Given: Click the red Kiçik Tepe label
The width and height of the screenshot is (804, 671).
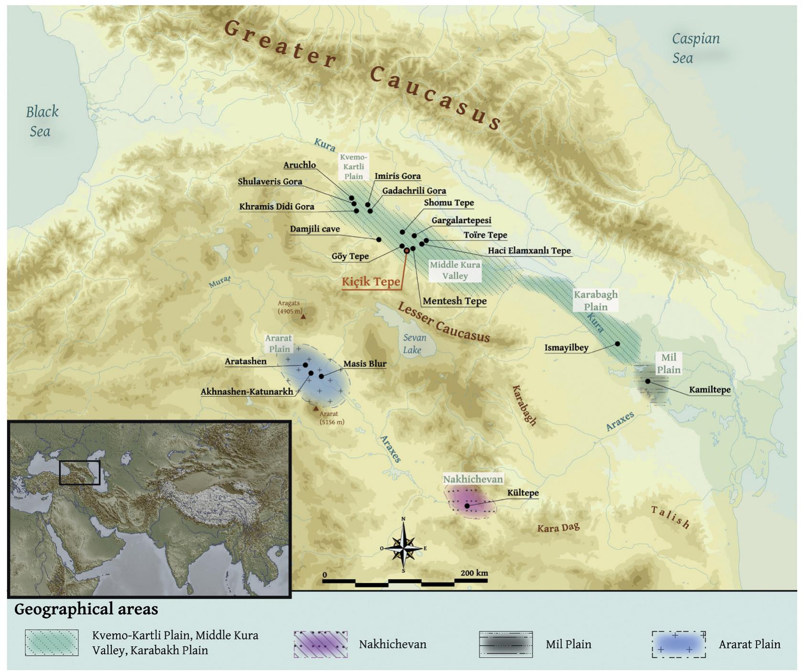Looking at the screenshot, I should pos(371,282).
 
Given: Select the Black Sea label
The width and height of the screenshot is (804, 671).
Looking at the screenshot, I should pos(42,121).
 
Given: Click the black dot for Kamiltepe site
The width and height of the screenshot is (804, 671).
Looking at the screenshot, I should pos(648,381).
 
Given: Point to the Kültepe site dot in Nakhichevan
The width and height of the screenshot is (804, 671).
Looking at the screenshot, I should pos(467,506).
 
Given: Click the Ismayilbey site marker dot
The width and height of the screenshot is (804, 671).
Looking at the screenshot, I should pos(617,344).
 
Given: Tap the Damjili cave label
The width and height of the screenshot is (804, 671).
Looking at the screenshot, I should pos(315,229).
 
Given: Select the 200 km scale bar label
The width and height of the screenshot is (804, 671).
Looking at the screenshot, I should pos(474,573).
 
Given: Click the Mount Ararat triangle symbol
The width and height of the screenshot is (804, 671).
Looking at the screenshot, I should pos(315,408).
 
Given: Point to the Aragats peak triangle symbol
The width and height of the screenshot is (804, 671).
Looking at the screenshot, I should pos(303,316).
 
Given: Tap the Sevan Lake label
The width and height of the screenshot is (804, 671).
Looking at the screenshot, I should pos(414,344).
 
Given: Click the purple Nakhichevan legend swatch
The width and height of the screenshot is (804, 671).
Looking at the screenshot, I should pos(321,644).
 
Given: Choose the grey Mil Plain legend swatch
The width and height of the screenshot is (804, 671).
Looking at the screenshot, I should pos(506,644).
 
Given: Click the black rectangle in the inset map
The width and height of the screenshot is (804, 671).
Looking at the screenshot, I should pos(79,473).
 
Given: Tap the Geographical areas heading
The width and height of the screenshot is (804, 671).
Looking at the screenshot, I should pos(86,609).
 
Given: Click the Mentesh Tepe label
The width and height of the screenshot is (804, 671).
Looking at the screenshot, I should pos(454,301).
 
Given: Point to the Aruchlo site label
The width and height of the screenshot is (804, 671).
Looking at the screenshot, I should pos(300,165).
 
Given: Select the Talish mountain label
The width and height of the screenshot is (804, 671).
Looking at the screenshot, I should pos(671,518).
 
